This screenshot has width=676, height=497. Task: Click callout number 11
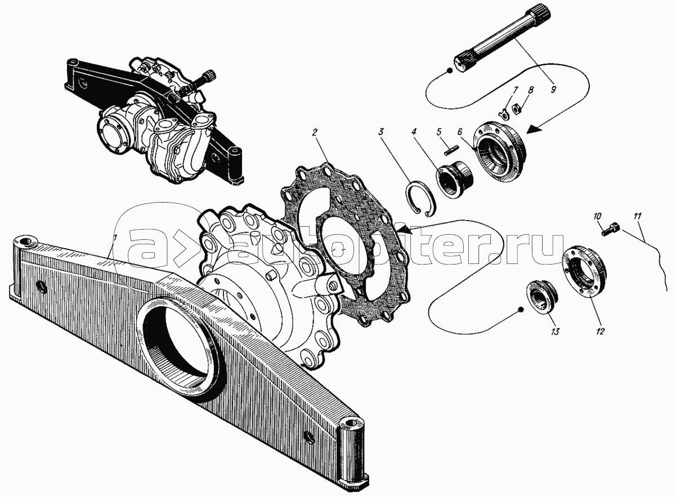pyautogui.click(x=637, y=216)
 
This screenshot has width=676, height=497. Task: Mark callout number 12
pyautogui.click(x=600, y=332)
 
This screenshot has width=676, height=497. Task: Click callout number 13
pyautogui.click(x=554, y=332)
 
